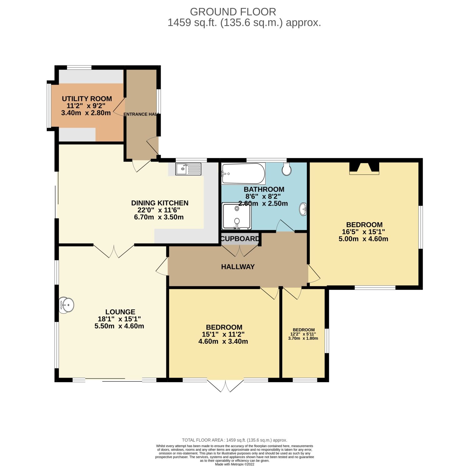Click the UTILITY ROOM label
(x=87, y=99)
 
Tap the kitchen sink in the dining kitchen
(x=188, y=169)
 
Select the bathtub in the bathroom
(x=243, y=173)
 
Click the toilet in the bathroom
(x=286, y=169)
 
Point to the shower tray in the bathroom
(x=236, y=216)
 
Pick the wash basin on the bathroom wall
(x=303, y=209)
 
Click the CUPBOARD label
(x=240, y=239)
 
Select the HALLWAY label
(x=238, y=267)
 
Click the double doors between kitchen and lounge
(x=114, y=251)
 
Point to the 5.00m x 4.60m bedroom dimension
(x=363, y=239)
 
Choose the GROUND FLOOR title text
(x=233, y=12)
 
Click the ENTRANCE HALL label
(x=140, y=114)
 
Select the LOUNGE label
(x=120, y=312)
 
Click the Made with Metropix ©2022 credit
(x=234, y=464)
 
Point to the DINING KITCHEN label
(x=159, y=203)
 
